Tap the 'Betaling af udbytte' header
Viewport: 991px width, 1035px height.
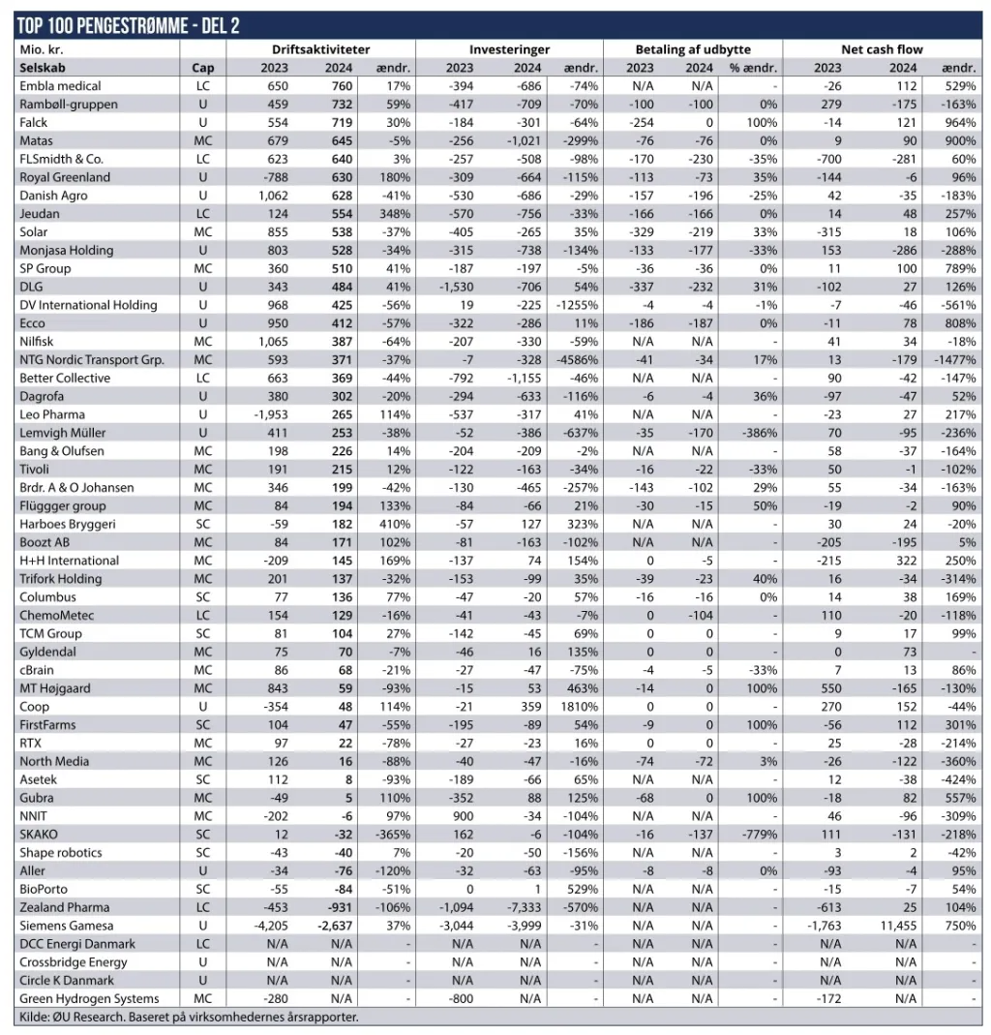tap(692, 49)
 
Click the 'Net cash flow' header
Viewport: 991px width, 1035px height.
tap(882, 49)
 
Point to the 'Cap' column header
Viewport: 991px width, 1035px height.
tap(203, 68)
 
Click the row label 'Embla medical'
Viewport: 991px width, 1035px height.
tap(61, 86)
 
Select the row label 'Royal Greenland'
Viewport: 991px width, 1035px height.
tap(65, 177)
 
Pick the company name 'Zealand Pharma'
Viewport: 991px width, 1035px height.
tap(65, 907)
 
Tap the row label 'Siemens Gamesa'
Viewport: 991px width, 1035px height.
tap(66, 926)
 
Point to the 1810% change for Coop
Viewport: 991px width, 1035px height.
tap(580, 707)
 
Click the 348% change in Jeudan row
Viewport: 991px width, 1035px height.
tap(395, 214)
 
